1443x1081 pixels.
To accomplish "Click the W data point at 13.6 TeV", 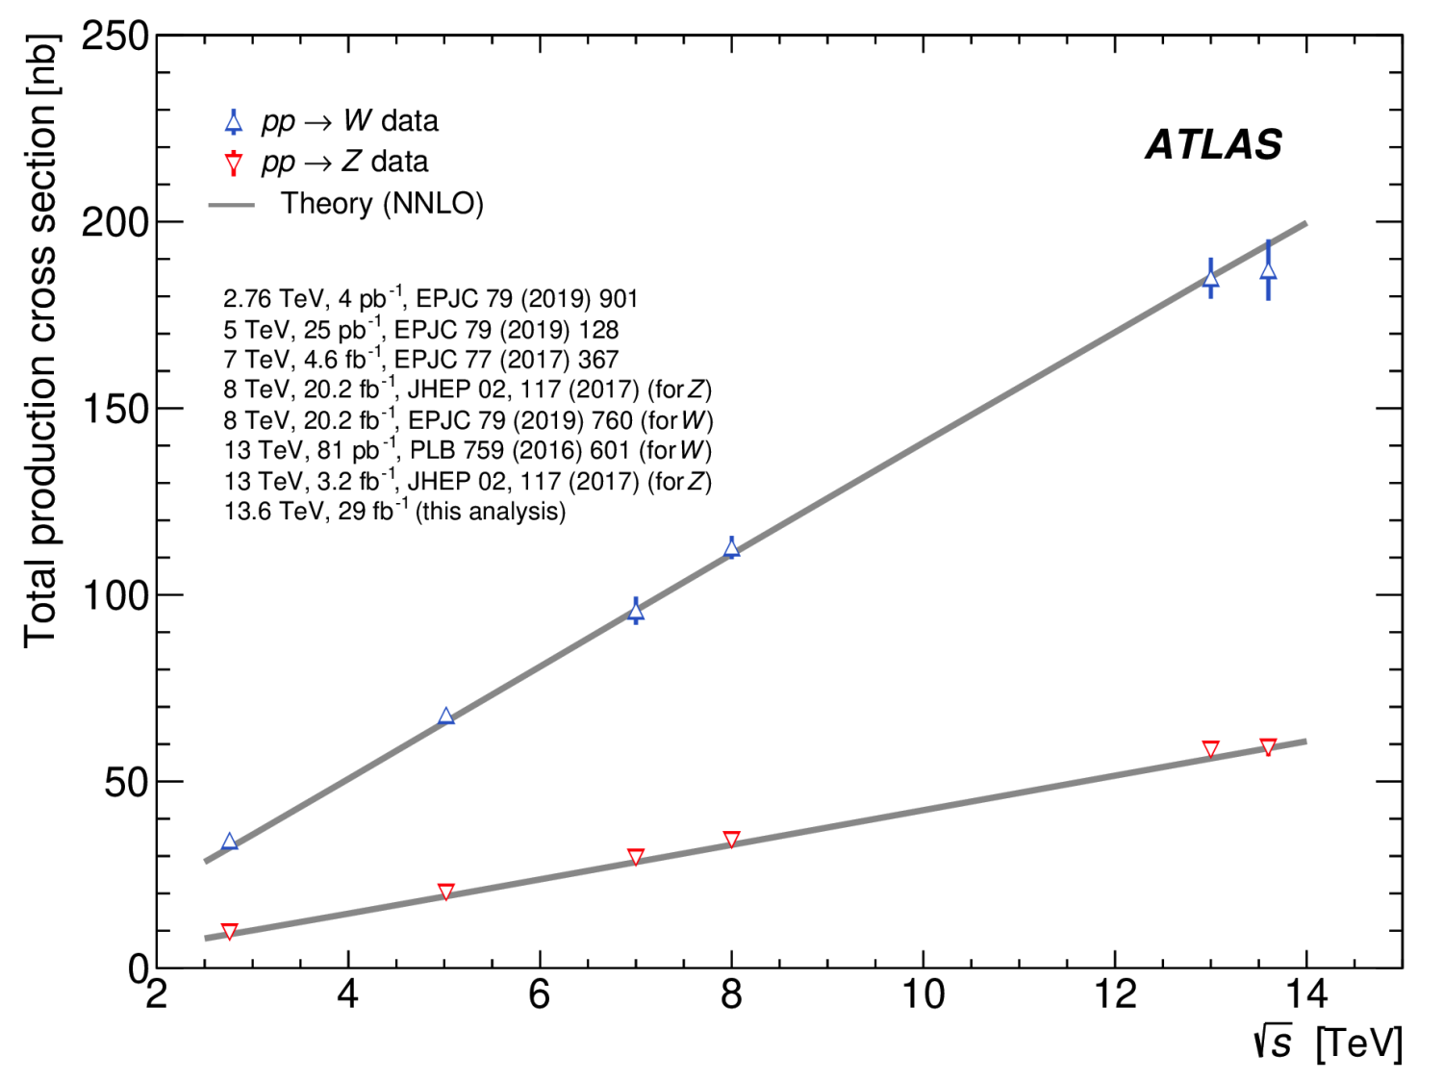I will pyautogui.click(x=1268, y=271).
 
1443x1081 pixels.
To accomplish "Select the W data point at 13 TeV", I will pyautogui.click(x=1210, y=279).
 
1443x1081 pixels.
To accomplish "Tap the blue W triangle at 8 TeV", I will pyautogui.click(x=731, y=548).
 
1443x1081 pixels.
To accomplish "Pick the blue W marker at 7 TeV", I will pyautogui.click(x=636, y=612).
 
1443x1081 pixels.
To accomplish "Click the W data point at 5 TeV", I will pyautogui.click(x=445, y=716).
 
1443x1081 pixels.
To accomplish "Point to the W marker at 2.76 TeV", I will pyautogui.click(x=229, y=842).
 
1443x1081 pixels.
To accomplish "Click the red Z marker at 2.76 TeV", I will pyautogui.click(x=229, y=931).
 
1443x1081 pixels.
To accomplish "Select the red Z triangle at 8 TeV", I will pyautogui.click(x=731, y=840).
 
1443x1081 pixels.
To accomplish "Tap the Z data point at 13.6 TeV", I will pyautogui.click(x=1268, y=747).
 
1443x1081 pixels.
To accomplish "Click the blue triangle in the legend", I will pyautogui.click(x=233, y=122).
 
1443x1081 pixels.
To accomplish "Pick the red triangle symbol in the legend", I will pyautogui.click(x=233, y=163).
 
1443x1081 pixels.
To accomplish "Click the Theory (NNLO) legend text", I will pyautogui.click(x=382, y=204).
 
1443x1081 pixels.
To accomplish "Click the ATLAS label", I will pyautogui.click(x=1213, y=145).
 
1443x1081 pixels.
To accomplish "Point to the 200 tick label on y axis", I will pyautogui.click(x=115, y=222).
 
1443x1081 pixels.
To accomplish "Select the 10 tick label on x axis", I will pyautogui.click(x=922, y=994).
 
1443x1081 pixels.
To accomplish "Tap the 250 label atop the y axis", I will pyautogui.click(x=115, y=38).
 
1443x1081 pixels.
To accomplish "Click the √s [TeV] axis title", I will pyautogui.click(x=1328, y=1043).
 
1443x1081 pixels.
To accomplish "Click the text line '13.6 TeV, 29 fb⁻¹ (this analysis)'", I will pyautogui.click(x=394, y=511).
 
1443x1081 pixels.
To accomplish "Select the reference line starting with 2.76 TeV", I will pyautogui.click(x=430, y=299).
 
